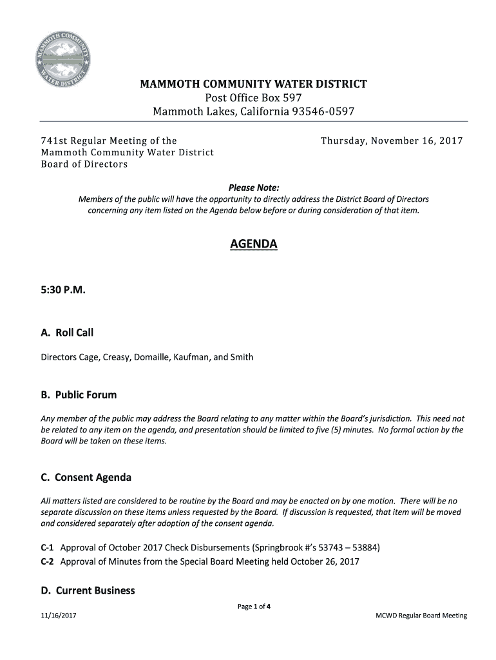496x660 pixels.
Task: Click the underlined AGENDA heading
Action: [x=254, y=245]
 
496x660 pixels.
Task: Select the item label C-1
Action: [x=48, y=548]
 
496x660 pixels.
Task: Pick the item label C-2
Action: [x=48, y=561]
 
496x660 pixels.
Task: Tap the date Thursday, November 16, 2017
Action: [x=392, y=141]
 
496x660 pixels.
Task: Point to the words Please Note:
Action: [x=254, y=188]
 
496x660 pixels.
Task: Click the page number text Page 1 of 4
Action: [x=254, y=606]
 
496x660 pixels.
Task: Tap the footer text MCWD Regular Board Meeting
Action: [x=421, y=616]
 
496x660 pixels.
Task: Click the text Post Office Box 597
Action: [x=253, y=98]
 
